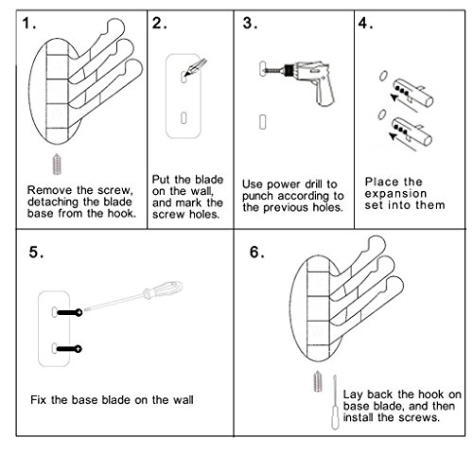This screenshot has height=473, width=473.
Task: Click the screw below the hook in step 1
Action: [x=57, y=165]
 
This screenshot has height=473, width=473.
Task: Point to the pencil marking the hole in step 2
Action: [x=196, y=67]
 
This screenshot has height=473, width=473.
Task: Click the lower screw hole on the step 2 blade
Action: [x=184, y=118]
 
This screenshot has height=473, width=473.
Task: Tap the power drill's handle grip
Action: [x=325, y=93]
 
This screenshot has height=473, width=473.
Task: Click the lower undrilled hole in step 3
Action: [x=262, y=122]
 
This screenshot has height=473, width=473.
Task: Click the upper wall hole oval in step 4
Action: [x=383, y=76]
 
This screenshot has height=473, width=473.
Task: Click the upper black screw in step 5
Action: [x=69, y=312]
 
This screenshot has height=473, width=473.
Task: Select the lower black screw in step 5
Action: [x=69, y=349]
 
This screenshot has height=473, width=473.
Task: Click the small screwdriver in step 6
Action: [x=335, y=402]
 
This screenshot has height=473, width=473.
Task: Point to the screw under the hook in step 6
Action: [x=318, y=381]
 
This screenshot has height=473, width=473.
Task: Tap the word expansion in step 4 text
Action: [x=395, y=193]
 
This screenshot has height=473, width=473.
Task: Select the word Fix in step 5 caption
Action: [x=39, y=400]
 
